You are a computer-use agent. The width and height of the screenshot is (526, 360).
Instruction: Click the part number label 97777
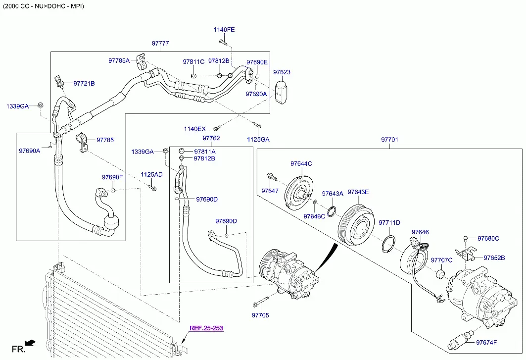160,43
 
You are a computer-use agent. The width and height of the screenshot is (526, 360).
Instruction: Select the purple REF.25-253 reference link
206,328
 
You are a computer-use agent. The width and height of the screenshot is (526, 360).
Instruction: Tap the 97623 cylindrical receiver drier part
281,91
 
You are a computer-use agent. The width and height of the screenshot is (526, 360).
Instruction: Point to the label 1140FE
224,30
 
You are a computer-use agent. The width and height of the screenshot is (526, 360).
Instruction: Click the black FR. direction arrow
31,343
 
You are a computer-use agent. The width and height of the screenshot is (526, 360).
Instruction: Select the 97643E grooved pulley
356,225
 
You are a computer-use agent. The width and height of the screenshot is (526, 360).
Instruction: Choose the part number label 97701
389,139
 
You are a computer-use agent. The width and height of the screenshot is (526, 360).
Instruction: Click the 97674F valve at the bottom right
461,341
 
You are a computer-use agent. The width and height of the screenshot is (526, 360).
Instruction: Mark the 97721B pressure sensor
59,82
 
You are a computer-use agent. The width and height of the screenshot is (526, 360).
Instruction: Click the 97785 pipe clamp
82,143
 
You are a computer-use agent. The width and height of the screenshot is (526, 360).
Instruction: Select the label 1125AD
151,175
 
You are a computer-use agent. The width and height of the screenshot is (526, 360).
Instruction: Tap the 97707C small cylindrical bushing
440,273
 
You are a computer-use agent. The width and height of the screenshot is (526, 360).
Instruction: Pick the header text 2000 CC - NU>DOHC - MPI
44,6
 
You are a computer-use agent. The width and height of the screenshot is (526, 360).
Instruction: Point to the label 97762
211,138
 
